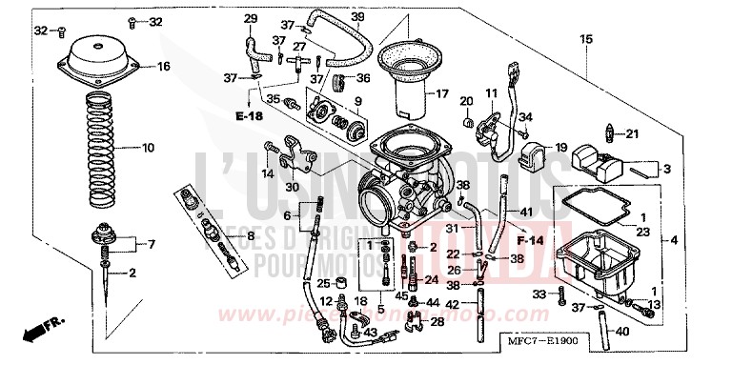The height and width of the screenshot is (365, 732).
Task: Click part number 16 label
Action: [163, 67]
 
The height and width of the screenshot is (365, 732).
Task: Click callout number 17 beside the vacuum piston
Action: [441, 93]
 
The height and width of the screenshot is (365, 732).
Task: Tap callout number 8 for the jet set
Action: [251, 236]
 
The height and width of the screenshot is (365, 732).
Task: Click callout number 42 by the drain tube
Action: [451, 304]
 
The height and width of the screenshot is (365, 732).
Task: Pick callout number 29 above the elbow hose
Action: [251, 19]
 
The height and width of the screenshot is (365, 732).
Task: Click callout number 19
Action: [560, 148]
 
